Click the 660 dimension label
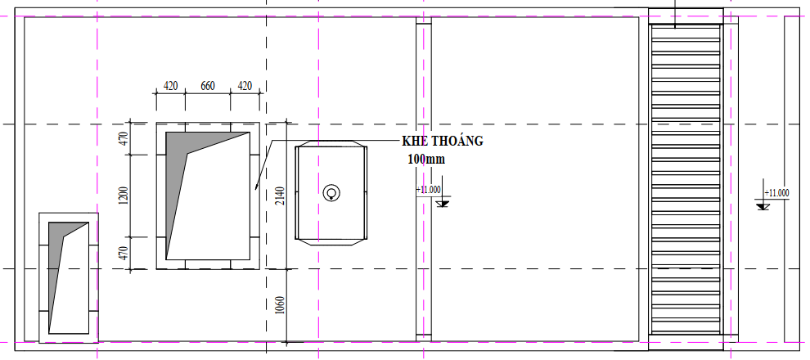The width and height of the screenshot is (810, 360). [x=207, y=85]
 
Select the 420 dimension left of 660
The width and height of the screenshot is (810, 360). [x=170, y=85]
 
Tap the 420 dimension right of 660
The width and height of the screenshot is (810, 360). [x=245, y=85]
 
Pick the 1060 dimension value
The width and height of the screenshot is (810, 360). [x=281, y=304]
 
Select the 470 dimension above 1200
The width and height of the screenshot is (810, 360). [x=124, y=139]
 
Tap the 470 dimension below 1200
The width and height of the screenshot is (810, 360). [x=124, y=252]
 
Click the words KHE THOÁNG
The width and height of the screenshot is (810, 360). [x=442, y=141]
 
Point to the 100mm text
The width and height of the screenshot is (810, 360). [x=425, y=159]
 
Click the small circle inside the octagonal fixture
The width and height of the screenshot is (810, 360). [x=331, y=193]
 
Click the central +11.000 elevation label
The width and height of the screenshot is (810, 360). [x=429, y=190]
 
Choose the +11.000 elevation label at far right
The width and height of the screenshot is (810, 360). [x=776, y=193]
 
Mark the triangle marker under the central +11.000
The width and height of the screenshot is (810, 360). [x=443, y=202]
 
